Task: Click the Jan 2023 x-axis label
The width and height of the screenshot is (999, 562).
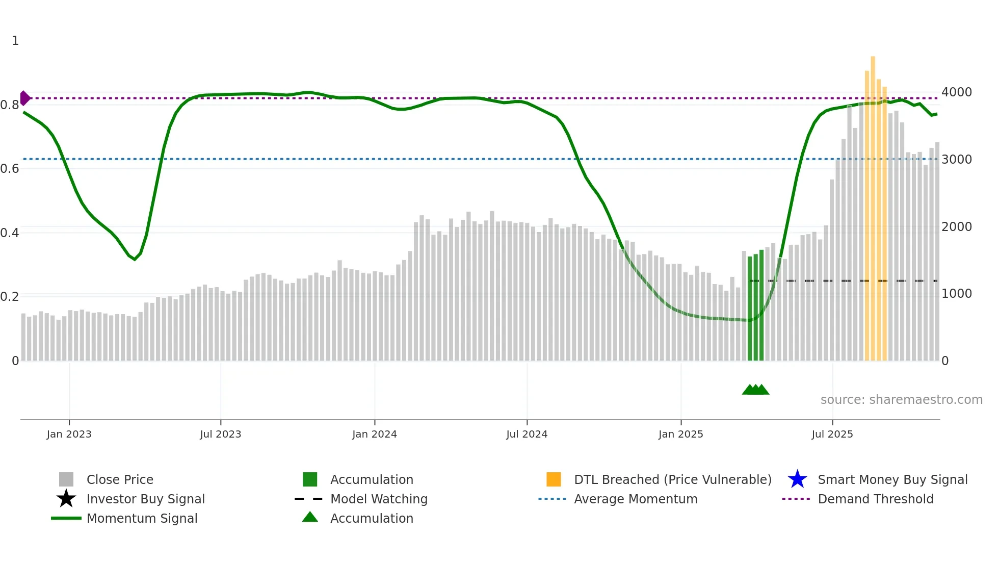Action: (69, 434)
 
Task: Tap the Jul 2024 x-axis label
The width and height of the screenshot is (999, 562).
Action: (527, 434)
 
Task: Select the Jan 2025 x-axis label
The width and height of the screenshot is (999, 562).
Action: (680, 434)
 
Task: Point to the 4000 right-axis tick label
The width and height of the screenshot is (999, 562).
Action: (956, 92)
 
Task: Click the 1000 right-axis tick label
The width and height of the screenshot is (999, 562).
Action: (956, 294)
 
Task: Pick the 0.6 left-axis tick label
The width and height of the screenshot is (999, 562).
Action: (10, 169)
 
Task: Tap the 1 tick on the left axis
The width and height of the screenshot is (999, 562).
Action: (15, 41)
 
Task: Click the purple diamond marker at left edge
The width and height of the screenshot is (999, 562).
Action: (24, 98)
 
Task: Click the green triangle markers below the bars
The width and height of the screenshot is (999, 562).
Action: (755, 390)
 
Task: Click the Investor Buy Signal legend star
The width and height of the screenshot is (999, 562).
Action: (66, 499)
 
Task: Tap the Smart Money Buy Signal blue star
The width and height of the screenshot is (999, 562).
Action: (797, 479)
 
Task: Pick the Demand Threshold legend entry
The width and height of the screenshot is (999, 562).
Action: (875, 499)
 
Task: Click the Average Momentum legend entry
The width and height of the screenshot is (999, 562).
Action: (635, 499)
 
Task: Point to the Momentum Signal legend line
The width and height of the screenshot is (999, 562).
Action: (66, 518)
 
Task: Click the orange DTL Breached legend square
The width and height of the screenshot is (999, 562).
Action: (554, 479)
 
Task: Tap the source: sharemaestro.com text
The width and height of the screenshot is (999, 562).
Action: (901, 400)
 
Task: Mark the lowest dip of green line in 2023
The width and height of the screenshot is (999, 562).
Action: (135, 260)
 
